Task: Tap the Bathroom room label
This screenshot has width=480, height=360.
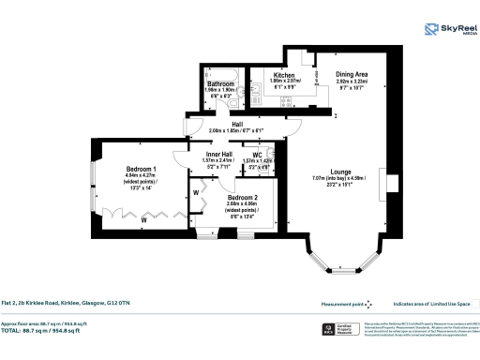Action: click(220, 84)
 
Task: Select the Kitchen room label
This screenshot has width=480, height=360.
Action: click(284, 75)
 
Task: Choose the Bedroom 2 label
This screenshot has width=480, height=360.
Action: click(243, 198)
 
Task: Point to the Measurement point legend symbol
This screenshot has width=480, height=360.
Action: click(369, 304)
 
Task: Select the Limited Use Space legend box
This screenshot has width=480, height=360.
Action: click(474, 303)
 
